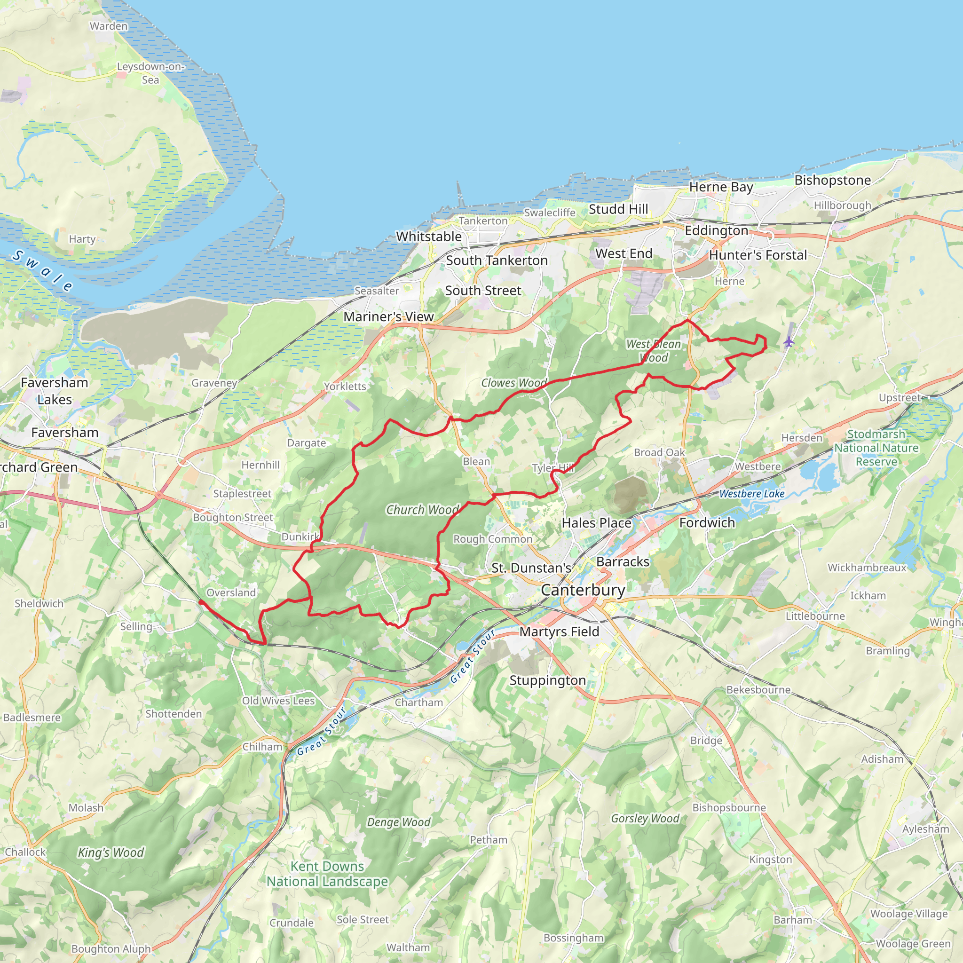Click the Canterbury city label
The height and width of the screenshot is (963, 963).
(x=583, y=590)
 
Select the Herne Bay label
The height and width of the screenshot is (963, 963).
(x=721, y=187)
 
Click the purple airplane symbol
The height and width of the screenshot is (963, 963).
(x=788, y=342)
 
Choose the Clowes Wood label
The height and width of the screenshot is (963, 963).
(x=513, y=383)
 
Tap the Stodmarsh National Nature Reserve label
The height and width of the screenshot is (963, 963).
(x=876, y=448)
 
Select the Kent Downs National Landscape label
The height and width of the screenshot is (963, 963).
(x=327, y=874)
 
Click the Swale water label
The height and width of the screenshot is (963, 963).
(x=43, y=271)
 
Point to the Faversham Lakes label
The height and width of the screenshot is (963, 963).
(x=55, y=391)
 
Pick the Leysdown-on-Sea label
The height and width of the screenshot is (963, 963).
(x=150, y=73)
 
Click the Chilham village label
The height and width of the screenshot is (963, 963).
(x=262, y=747)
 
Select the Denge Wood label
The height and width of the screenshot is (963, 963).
(x=398, y=822)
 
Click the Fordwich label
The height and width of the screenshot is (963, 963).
(x=707, y=522)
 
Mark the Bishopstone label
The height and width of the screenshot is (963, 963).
(x=832, y=180)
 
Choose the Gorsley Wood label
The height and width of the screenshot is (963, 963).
(x=645, y=819)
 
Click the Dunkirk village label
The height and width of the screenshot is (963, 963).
(x=300, y=537)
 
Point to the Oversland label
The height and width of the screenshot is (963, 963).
(x=231, y=592)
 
